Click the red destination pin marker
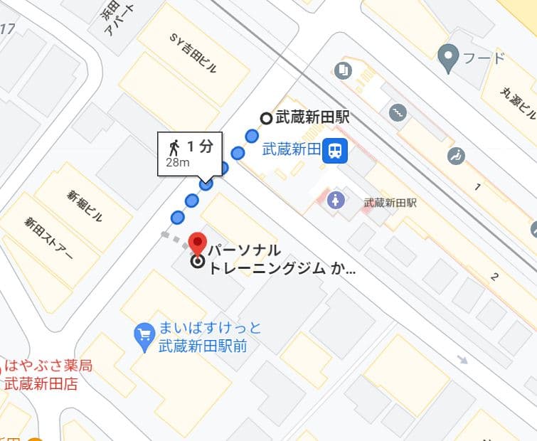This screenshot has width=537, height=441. [x=197, y=242]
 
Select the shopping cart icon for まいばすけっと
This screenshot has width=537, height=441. [x=144, y=334]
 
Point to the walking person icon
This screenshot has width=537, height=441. [x=174, y=148]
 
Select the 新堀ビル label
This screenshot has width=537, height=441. [x=85, y=207]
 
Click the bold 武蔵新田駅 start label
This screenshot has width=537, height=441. [x=312, y=118]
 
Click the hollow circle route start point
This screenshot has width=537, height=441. [x=266, y=119]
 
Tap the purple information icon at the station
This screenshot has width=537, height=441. [x=336, y=200]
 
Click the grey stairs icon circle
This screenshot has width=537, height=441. [x=397, y=112]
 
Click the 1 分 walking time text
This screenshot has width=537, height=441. [x=200, y=147]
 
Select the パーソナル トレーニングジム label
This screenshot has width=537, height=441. [x=274, y=260]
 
